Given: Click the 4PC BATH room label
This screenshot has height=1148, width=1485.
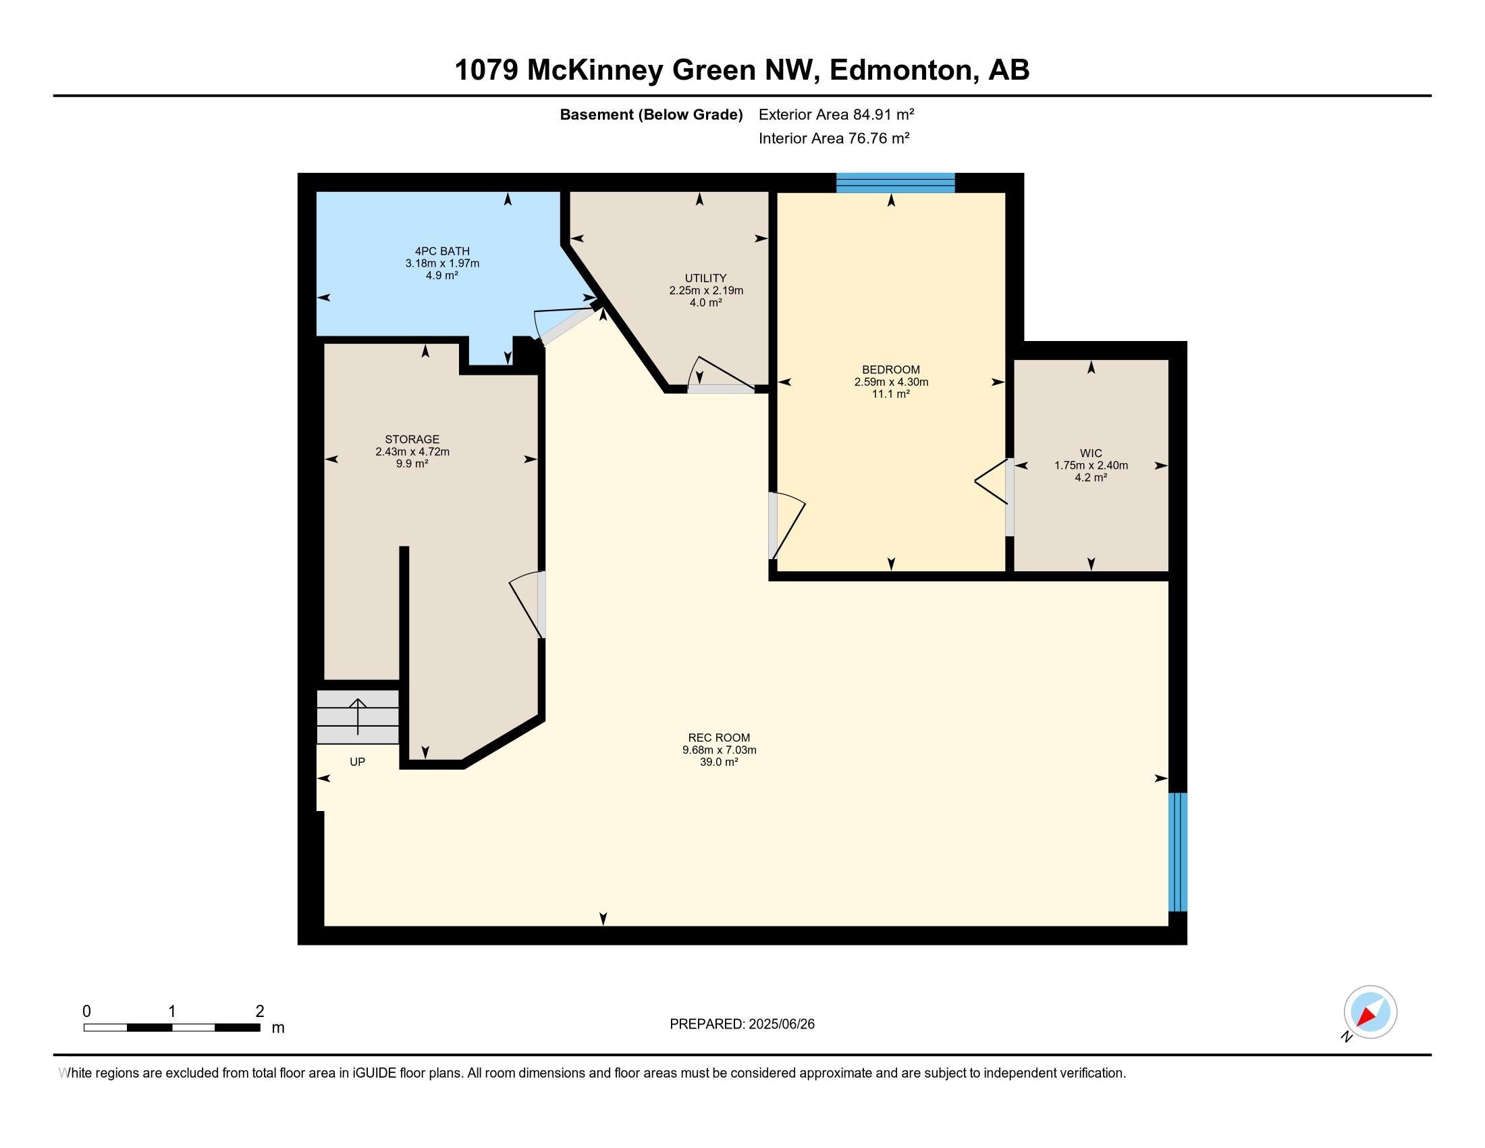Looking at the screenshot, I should point(442,251).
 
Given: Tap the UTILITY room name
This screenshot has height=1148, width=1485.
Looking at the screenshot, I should point(705,278).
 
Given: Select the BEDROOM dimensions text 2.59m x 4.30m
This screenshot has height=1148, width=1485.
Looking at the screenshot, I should point(891,382).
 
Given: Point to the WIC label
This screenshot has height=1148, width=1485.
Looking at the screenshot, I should point(1091,454).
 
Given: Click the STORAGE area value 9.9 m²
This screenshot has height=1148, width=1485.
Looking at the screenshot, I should point(412,464).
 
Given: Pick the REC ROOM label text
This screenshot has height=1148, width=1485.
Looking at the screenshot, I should point(719,738).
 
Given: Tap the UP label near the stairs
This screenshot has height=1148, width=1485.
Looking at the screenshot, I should point(357,762).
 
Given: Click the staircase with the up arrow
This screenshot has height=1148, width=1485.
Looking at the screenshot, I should point(358,716).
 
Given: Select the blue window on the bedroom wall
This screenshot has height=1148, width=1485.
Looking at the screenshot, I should point(895,183).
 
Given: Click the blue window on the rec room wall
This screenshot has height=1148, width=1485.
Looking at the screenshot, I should point(1178,852).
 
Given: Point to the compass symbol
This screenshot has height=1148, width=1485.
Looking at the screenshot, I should point(1370,1013).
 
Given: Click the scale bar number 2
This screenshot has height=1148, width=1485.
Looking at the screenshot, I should point(259,1012).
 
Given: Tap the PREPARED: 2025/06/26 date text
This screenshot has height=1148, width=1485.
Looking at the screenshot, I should point(742,1024).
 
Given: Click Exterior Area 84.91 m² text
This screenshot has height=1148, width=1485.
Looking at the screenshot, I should point(836,114).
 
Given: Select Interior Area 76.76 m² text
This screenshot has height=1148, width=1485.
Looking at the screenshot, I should point(834,138).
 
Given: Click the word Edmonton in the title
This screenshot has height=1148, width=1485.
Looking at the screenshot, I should point(900,70).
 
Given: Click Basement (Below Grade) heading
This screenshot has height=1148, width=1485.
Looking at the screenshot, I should point(651,115).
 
